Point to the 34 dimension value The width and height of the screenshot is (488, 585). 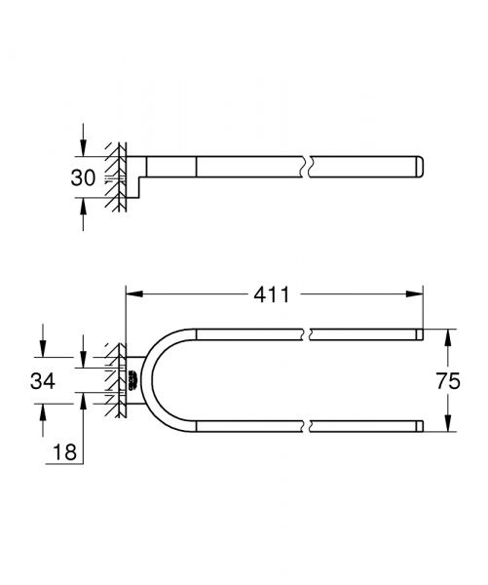43,380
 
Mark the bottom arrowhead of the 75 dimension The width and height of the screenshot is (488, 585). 448,426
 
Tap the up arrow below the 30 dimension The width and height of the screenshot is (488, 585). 84,206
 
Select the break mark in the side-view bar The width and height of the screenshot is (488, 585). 308,167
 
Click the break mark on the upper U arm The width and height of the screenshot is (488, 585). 308,334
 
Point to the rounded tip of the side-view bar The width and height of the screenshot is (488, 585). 421,167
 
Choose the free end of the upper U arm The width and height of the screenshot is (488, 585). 420,334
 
